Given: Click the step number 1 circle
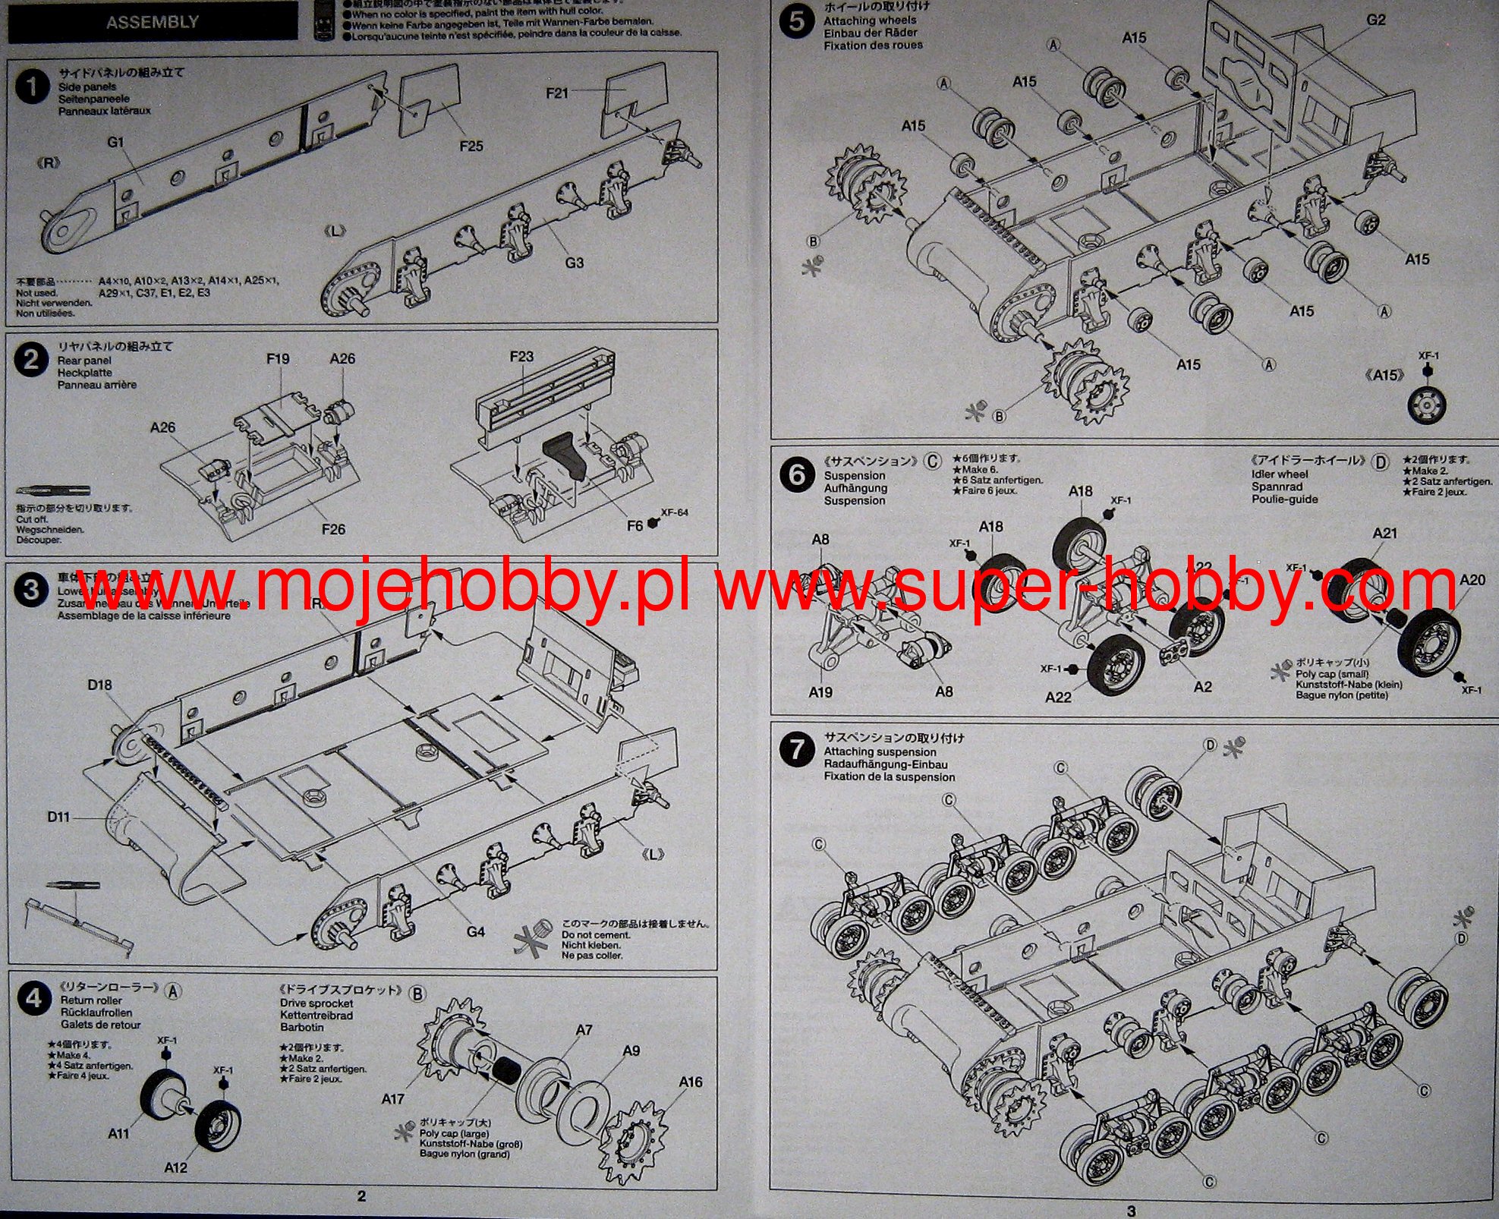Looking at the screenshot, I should click(31, 87).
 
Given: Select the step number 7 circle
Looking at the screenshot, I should click(796, 750).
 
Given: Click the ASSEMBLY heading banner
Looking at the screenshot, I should click(152, 22).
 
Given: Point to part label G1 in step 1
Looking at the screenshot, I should click(115, 142).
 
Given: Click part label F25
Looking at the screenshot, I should click(471, 145).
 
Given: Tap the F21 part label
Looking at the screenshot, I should click(556, 93).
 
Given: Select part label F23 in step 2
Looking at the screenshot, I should click(521, 356).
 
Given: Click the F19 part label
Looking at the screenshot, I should click(278, 358).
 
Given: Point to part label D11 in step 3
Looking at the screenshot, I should click(58, 817).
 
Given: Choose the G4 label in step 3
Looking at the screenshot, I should click(475, 931).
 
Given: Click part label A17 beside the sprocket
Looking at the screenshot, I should click(392, 1098).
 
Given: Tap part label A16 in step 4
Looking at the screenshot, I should click(690, 1081).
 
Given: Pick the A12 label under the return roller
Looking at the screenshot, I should click(175, 1167).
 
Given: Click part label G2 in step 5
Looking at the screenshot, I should click(1376, 20).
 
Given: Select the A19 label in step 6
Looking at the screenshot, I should click(820, 692).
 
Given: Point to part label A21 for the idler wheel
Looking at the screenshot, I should click(1384, 533).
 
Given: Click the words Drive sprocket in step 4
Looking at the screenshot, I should click(316, 1003).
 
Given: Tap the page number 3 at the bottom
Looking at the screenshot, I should click(1132, 1211).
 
